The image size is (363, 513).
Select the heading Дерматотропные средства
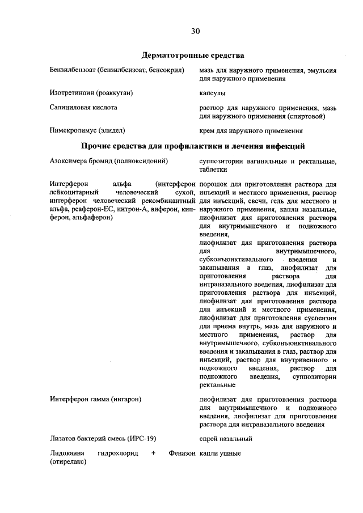tap(192, 56)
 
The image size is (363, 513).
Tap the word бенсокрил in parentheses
tap(167, 70)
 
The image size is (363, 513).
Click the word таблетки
tap(213, 169)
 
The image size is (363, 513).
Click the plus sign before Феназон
tap(153, 453)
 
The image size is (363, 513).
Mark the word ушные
tap(231, 453)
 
